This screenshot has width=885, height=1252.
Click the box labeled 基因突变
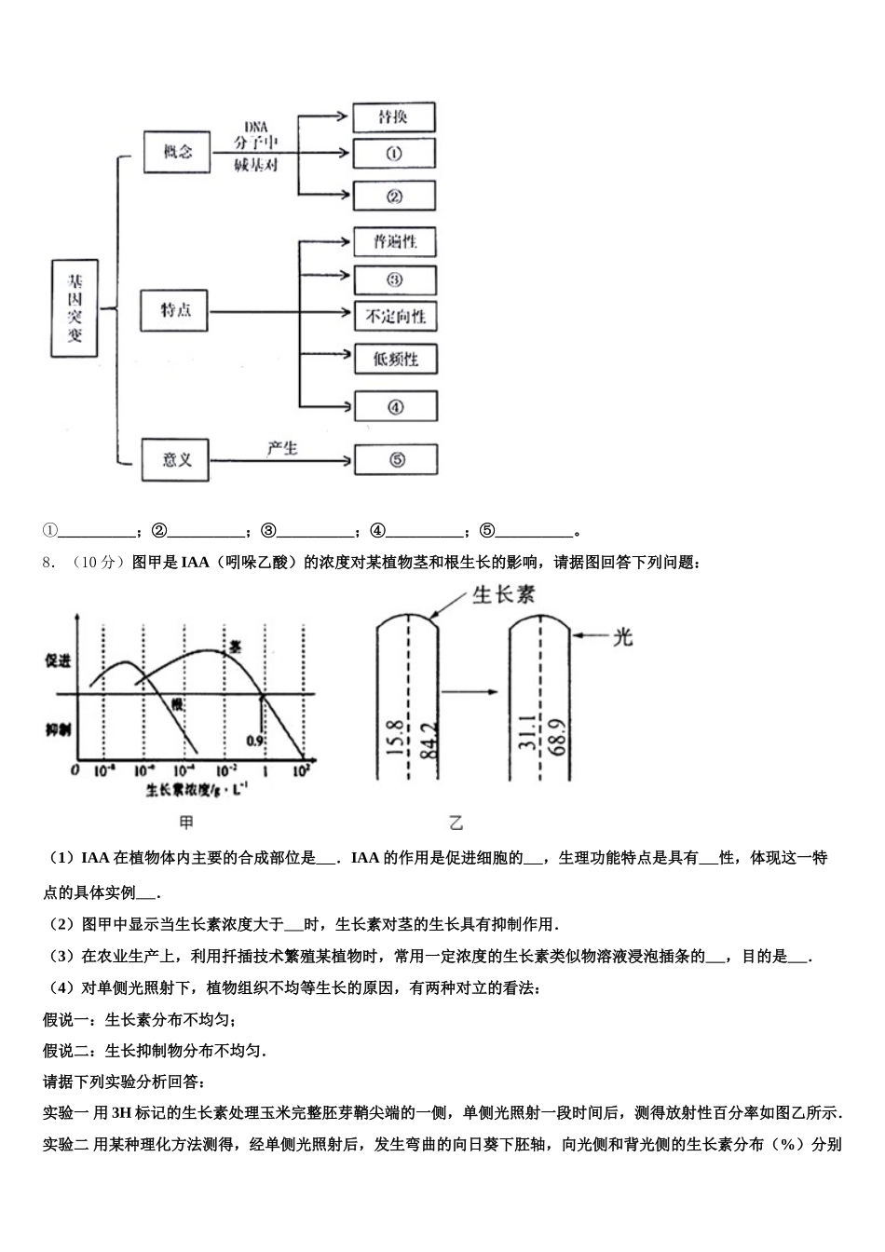pyautogui.click(x=75, y=308)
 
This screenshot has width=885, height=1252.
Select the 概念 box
pyautogui.click(x=177, y=151)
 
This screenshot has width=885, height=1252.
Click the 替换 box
pyautogui.click(x=393, y=117)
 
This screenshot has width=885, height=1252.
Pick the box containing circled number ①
pyautogui.click(x=393, y=154)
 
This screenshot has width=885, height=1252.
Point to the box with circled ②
pyautogui.click(x=394, y=196)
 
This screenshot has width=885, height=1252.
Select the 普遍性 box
pyautogui.click(x=395, y=242)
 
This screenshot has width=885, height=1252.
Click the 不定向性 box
pyautogui.click(x=395, y=317)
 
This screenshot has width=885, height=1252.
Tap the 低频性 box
pyautogui.click(x=395, y=359)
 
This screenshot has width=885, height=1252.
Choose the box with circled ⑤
pyautogui.click(x=396, y=459)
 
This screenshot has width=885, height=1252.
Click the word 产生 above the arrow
pyautogui.click(x=282, y=448)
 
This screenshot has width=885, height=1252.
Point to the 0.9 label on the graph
pyautogui.click(x=256, y=740)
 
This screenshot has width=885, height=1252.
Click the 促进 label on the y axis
pyautogui.click(x=58, y=660)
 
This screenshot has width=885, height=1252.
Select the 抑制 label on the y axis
pyautogui.click(x=58, y=729)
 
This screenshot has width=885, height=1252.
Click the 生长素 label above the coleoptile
pyautogui.click(x=504, y=594)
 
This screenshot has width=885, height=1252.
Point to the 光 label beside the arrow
pyautogui.click(x=623, y=637)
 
